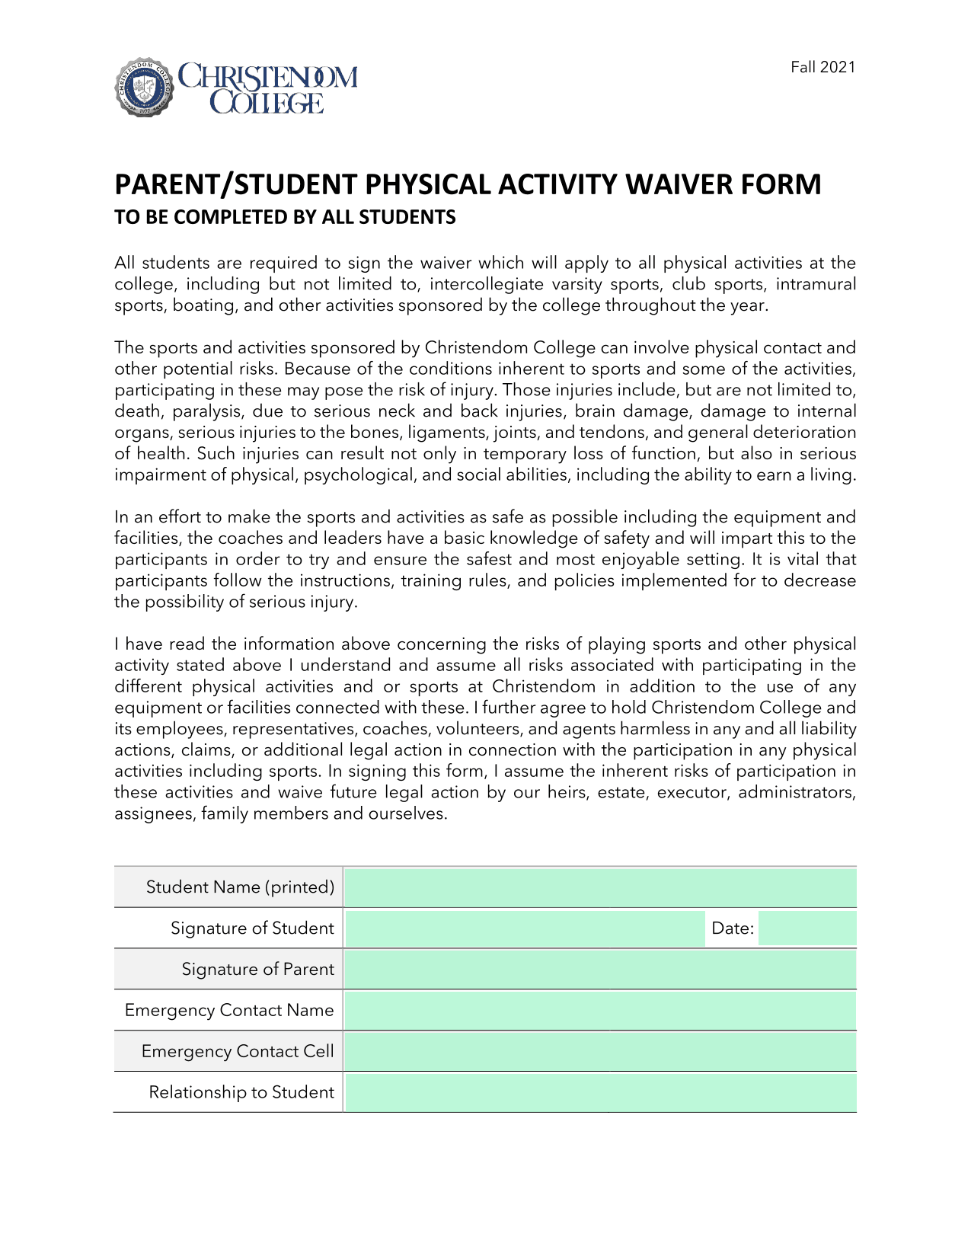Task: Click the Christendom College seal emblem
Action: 144,87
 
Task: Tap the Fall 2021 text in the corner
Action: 822,67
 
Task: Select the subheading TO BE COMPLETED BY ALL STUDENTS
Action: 285,218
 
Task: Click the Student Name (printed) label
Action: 240,887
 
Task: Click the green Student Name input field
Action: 600,887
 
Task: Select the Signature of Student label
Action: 252,928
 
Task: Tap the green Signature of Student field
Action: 524,928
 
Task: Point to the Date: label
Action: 732,928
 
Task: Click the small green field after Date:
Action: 807,928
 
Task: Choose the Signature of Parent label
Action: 257,970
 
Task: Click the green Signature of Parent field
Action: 600,970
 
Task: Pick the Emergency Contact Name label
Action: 229,1011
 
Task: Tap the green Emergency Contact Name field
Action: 600,1011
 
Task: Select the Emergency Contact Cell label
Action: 238,1052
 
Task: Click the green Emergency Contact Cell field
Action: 600,1052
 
